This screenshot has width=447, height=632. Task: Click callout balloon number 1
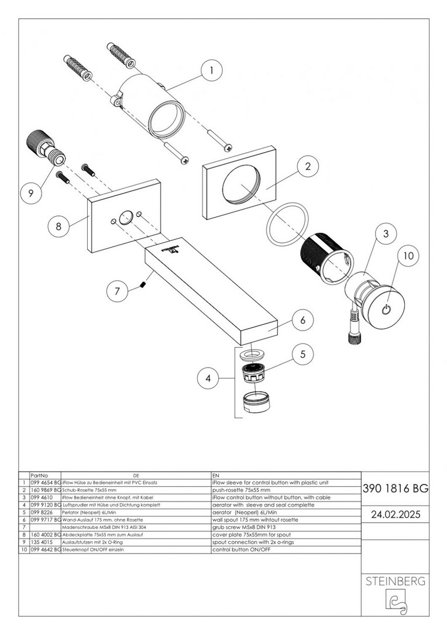tap(212, 71)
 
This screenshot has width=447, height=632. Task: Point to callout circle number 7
tap(118, 290)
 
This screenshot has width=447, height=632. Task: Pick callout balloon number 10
tap(408, 256)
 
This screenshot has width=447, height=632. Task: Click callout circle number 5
tap(301, 354)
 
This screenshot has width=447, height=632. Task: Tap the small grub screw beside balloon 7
tap(143, 285)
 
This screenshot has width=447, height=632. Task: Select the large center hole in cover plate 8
tap(125, 217)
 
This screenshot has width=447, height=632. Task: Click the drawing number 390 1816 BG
tap(396, 488)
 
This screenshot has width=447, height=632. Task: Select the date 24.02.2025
tap(396, 514)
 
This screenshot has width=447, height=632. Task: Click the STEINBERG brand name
tap(396, 582)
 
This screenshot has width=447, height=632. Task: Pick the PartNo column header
tap(39, 476)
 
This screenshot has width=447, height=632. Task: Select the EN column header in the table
tap(216, 476)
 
